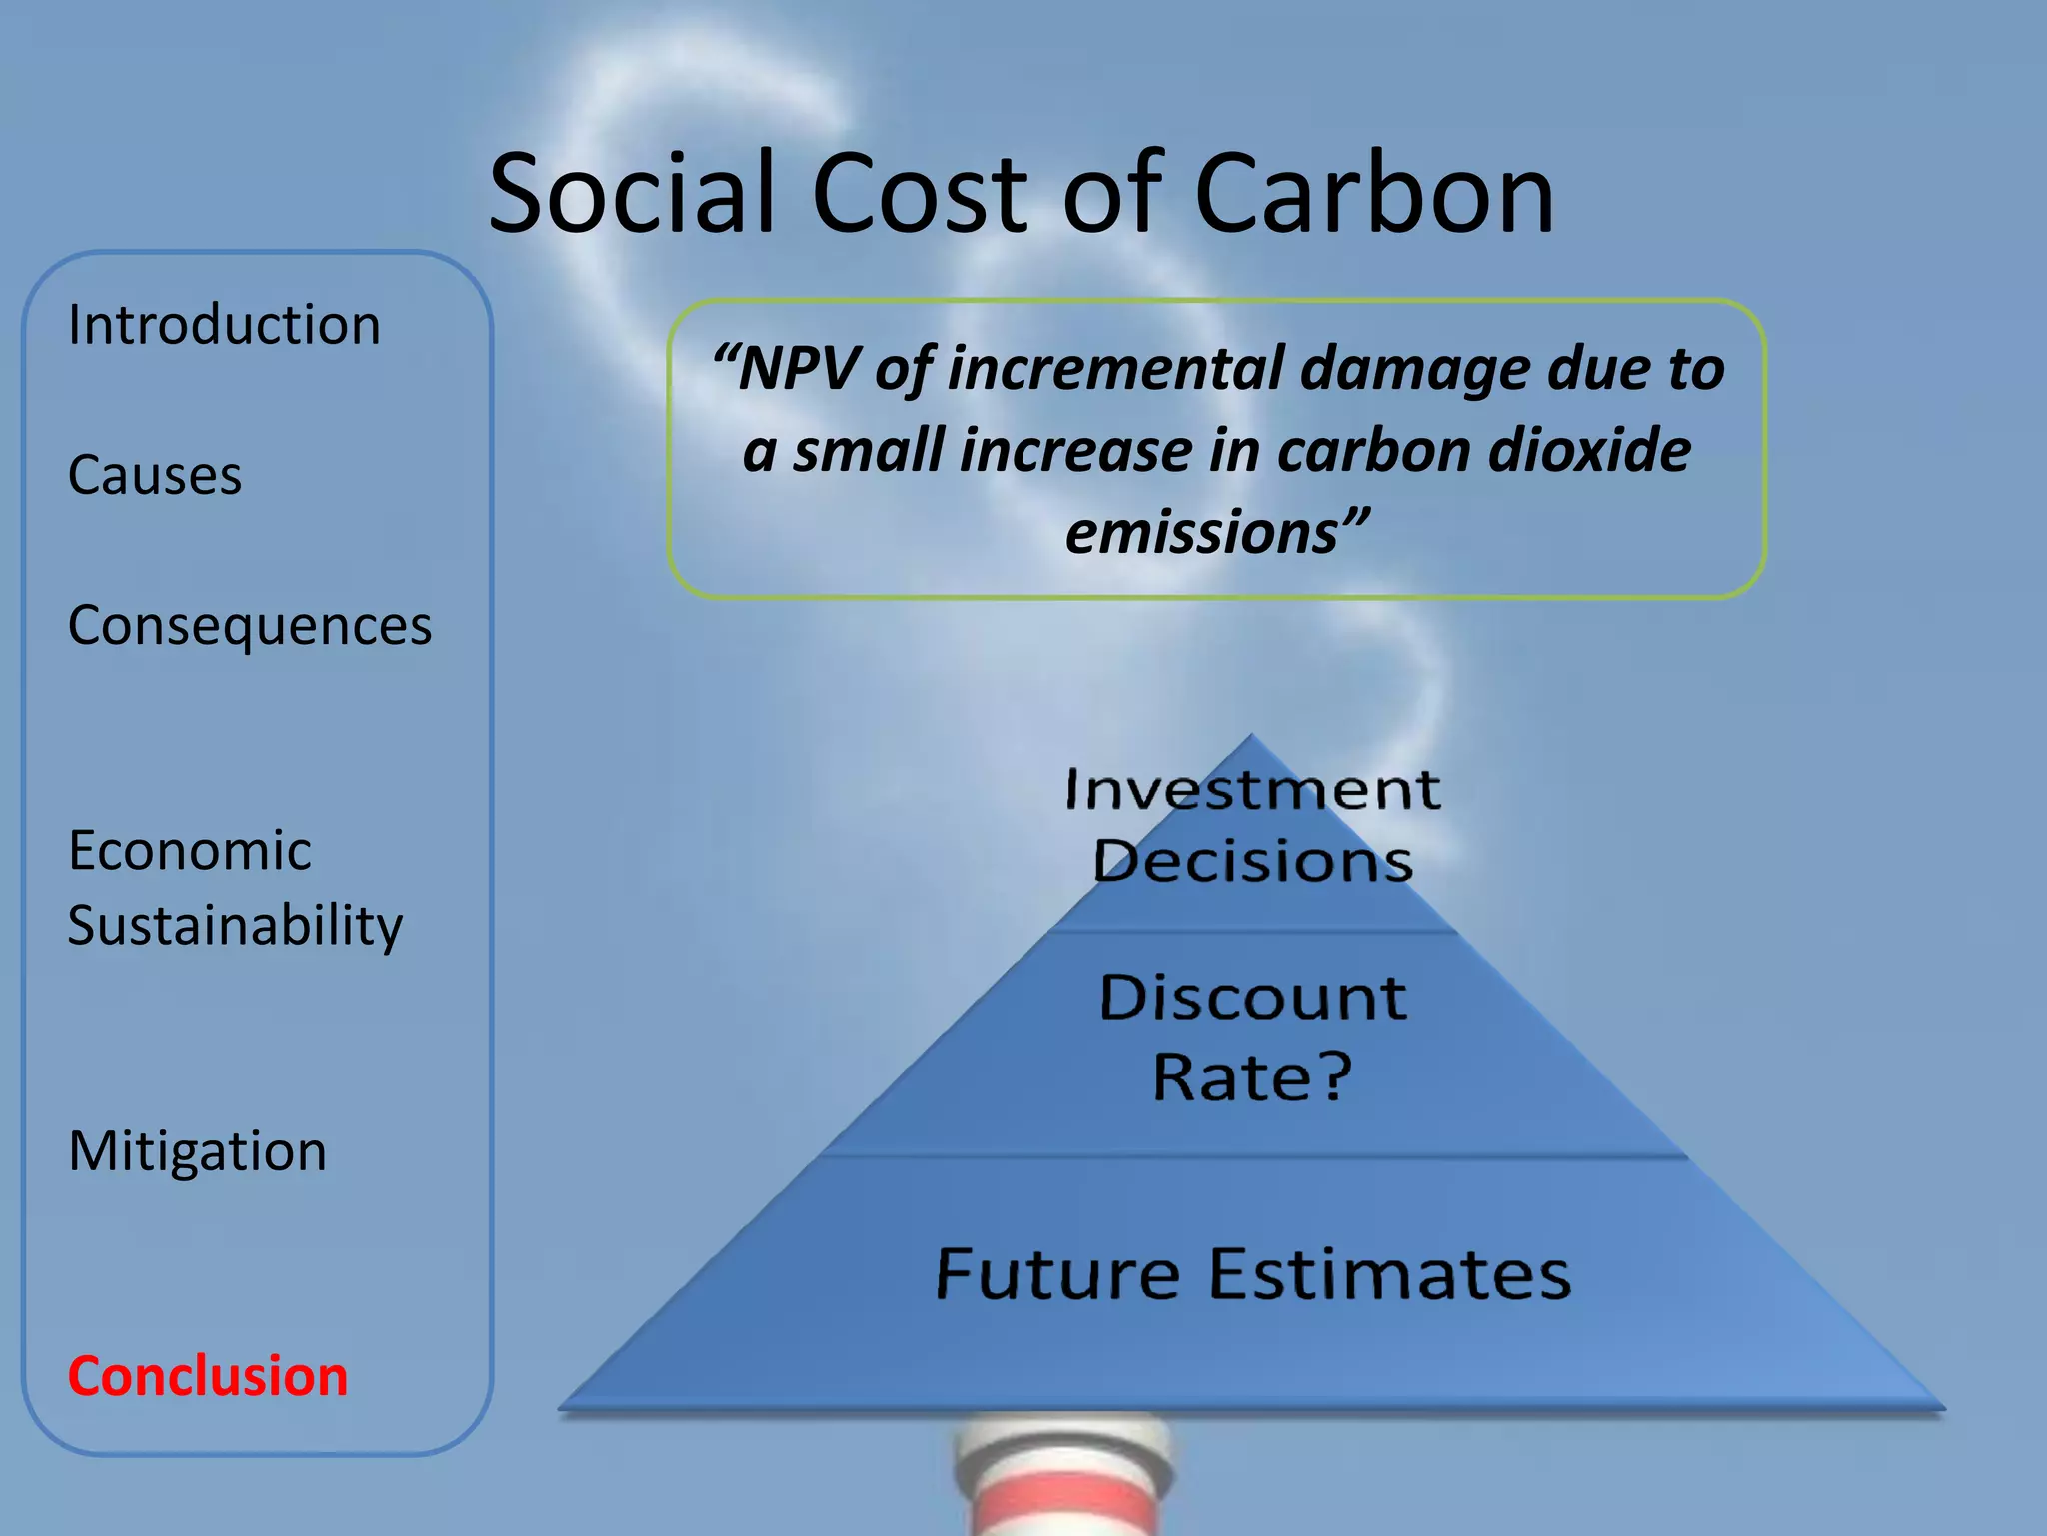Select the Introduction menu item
pos(224,325)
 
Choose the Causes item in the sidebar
pos(155,475)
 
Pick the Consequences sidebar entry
pos(250,626)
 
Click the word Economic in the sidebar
pos(190,851)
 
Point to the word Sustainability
pos(235,926)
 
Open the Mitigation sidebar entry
pos(197,1151)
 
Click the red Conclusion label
pos(208,1376)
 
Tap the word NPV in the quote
pos(799,369)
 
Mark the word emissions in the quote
pos(1202,532)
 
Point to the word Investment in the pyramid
pos(1252,790)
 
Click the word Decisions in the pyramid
pos(1252,862)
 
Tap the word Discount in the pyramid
pos(1253,998)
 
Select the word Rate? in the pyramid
pos(1253,1077)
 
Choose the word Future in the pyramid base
pos(1057,1274)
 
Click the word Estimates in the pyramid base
pos(1390,1274)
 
